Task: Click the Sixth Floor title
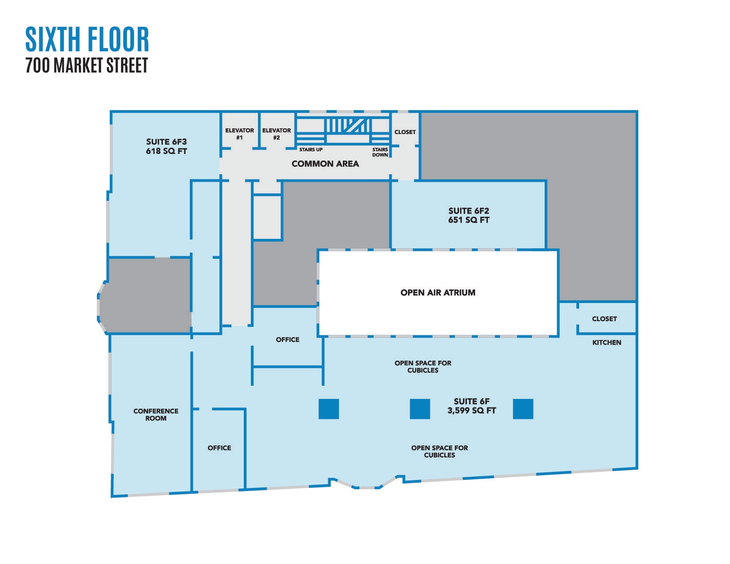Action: [x=87, y=39]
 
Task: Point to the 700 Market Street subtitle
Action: [x=87, y=65]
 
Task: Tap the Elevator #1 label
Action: [x=239, y=134]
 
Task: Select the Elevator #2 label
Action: [x=277, y=134]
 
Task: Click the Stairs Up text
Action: [x=311, y=150]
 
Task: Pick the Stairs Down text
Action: [x=380, y=152]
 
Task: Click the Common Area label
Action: [x=325, y=164]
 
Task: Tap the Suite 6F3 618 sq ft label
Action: [x=166, y=146]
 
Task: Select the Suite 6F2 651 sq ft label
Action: [x=469, y=215]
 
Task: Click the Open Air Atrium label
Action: [x=438, y=292]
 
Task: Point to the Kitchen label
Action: [x=607, y=342]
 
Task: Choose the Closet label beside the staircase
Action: [x=405, y=132]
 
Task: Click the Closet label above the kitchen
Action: [x=604, y=319]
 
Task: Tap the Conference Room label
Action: [x=156, y=414]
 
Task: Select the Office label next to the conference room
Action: [x=219, y=448]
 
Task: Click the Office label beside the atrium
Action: [x=288, y=340]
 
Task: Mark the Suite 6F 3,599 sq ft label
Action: [x=471, y=406]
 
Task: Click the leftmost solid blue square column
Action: [x=329, y=409]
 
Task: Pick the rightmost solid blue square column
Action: [x=523, y=409]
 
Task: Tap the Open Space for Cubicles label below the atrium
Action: [x=423, y=366]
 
